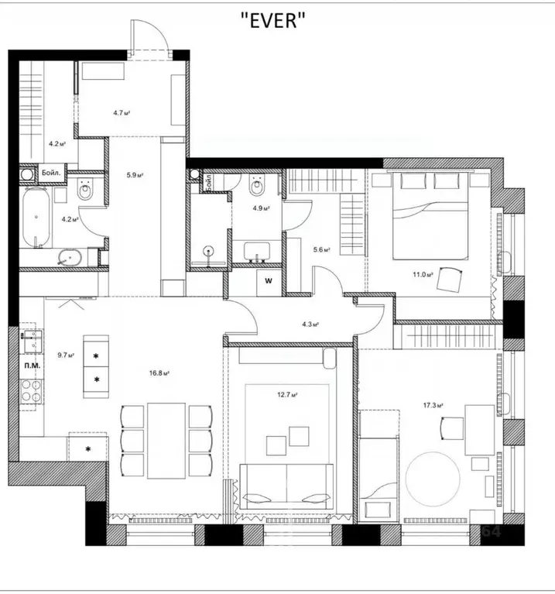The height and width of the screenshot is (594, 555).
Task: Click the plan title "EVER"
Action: click(x=276, y=22)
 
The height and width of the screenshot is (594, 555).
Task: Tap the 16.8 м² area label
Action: click(x=160, y=373)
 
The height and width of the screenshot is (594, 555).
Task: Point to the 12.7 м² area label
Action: click(x=289, y=394)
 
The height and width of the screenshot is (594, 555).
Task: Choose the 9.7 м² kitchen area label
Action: click(x=65, y=356)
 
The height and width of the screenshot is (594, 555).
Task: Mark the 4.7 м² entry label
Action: click(x=121, y=113)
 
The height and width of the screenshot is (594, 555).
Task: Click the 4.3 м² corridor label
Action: click(x=310, y=324)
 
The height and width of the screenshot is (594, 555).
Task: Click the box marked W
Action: click(x=269, y=281)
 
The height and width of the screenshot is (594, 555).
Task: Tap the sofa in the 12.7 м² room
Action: click(x=287, y=486)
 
